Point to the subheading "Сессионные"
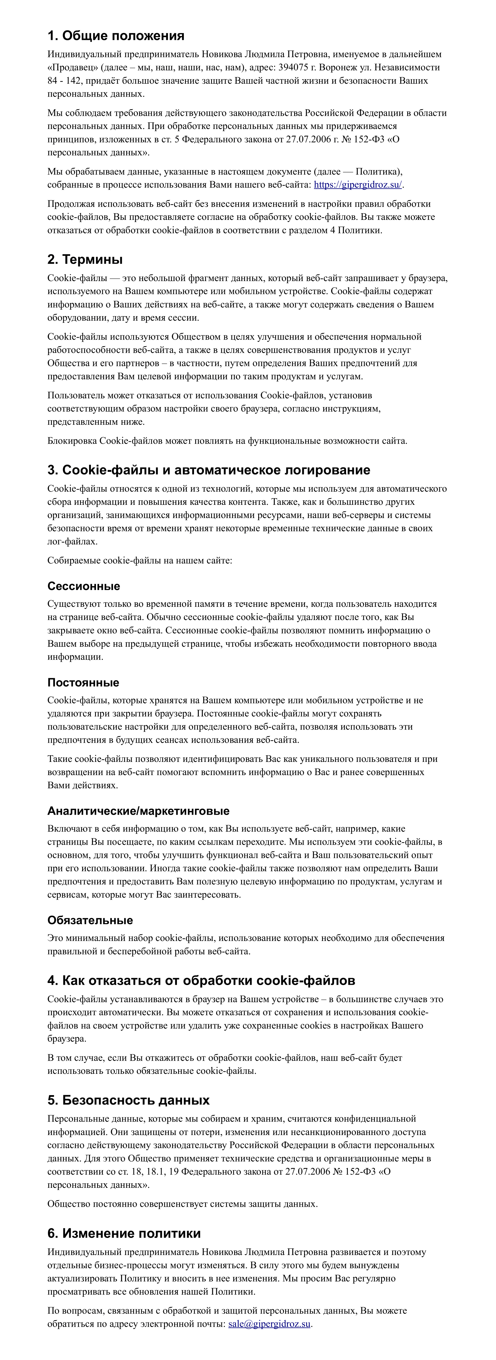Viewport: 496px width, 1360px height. coord(83,586)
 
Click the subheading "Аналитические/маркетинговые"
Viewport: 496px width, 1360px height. coord(138,811)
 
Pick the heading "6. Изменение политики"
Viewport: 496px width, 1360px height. coord(124,1233)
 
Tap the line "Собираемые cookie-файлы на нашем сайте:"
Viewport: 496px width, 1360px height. coord(139,560)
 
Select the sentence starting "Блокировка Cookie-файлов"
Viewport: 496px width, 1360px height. coord(227,441)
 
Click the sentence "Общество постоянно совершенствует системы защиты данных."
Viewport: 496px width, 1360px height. coord(183,1204)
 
